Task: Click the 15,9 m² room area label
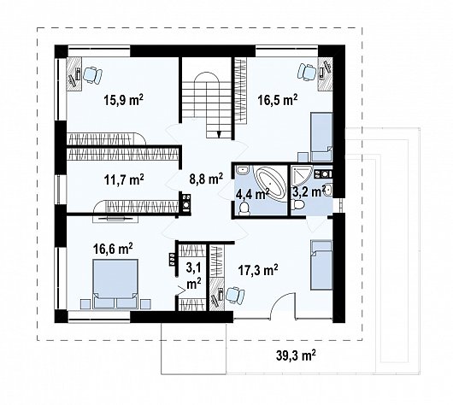[x=123, y=100]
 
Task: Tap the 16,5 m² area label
[x=277, y=100]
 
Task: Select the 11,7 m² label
[x=124, y=179]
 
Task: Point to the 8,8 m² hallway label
[x=206, y=179]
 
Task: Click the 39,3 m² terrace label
[x=296, y=355]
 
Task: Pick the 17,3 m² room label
[x=258, y=270]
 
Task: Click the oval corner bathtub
[x=270, y=183]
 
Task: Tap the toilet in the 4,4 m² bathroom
[x=244, y=208]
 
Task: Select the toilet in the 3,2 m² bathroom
[x=297, y=205]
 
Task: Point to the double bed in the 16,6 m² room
[x=115, y=284]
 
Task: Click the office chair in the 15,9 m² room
[x=92, y=75]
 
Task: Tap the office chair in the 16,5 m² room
[x=307, y=72]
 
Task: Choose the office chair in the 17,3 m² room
[x=235, y=296]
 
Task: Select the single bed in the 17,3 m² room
[x=321, y=265]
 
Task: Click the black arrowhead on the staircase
[x=220, y=134]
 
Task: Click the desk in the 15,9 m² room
[x=74, y=74]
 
